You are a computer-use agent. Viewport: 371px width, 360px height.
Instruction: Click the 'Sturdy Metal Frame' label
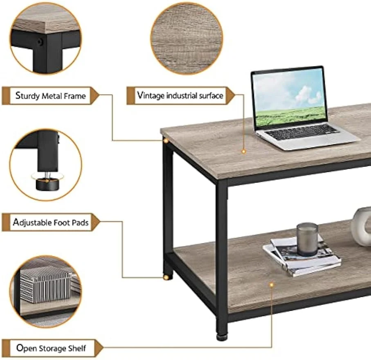(51, 96)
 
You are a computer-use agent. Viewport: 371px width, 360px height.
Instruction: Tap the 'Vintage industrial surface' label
(180, 95)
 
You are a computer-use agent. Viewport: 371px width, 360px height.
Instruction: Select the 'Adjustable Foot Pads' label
(51, 222)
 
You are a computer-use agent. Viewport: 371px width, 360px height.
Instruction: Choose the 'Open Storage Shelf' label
(51, 348)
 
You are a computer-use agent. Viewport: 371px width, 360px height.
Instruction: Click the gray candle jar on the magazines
(307, 239)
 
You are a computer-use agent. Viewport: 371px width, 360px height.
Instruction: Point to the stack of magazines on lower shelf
(302, 256)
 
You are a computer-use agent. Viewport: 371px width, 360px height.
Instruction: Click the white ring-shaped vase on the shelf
(361, 226)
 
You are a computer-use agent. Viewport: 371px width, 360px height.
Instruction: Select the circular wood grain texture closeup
(187, 38)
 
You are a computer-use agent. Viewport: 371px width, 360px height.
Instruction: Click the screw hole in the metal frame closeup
(40, 42)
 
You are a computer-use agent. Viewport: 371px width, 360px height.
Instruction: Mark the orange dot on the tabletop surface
(243, 152)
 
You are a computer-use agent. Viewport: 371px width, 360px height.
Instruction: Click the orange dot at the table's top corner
(166, 141)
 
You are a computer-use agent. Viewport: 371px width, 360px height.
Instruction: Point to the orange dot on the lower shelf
(271, 285)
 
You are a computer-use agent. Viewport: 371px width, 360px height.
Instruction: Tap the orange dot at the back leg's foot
(166, 277)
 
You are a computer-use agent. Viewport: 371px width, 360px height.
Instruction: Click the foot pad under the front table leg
(222, 337)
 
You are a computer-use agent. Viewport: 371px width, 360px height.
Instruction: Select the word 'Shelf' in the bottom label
(77, 348)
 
